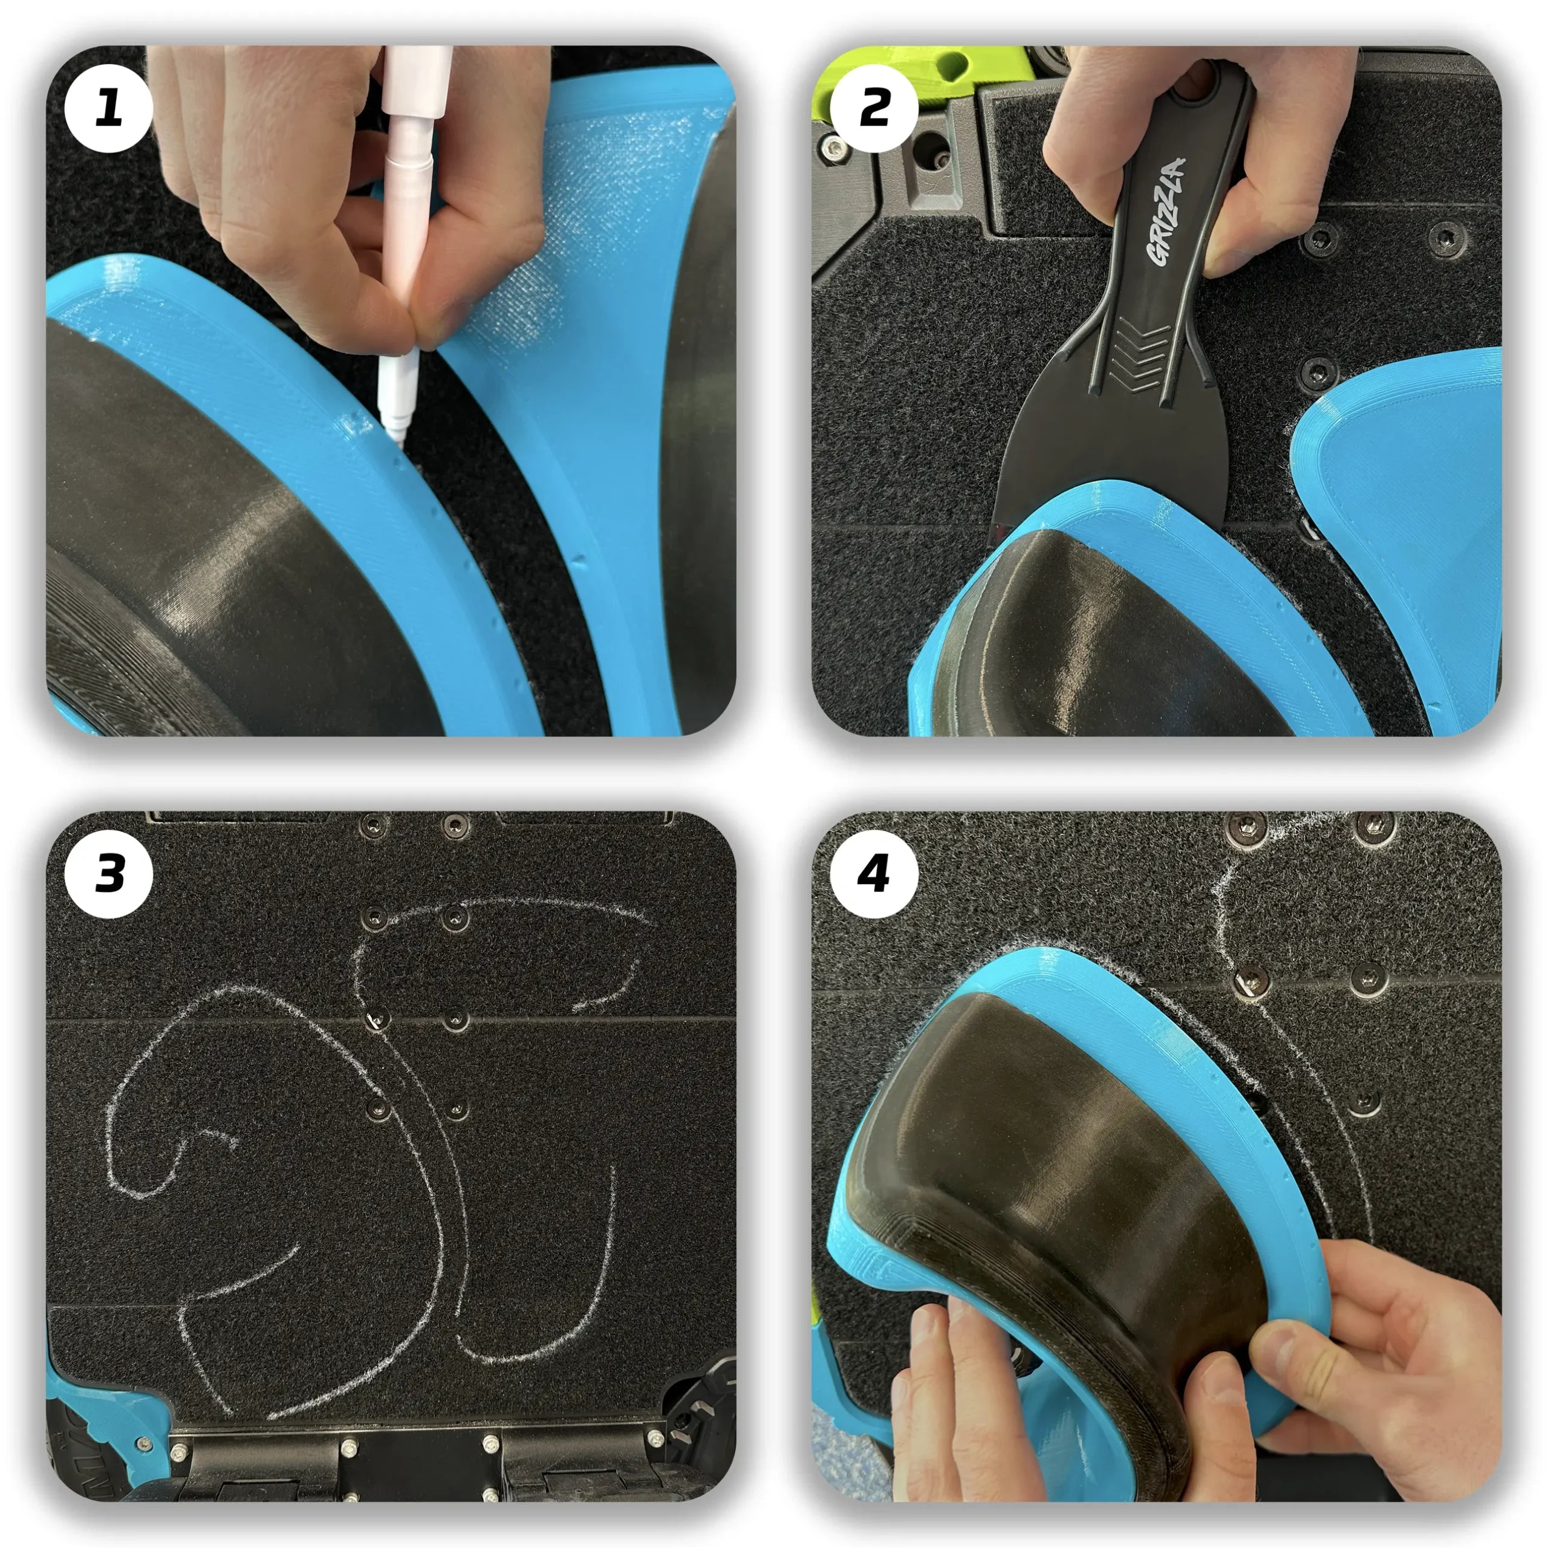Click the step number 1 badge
[x=108, y=108]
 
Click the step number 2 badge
[x=874, y=108]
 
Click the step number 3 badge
[x=108, y=874]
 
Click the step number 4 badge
[x=874, y=874]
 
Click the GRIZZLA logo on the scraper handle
[x=1166, y=210]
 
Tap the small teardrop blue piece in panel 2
[x=1410, y=513]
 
